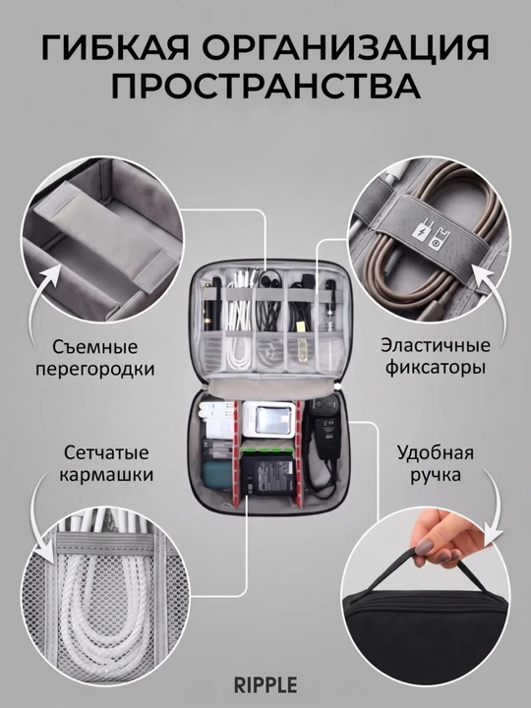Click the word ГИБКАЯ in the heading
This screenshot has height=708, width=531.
(x=115, y=47)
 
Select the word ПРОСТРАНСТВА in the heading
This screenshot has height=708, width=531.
(x=265, y=86)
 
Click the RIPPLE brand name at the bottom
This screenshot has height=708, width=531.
(x=265, y=684)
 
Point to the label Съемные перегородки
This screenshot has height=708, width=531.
(x=94, y=358)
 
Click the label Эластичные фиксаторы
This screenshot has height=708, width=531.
(x=436, y=356)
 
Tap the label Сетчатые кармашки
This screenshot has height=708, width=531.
(x=106, y=464)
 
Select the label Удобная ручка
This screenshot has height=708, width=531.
(x=436, y=464)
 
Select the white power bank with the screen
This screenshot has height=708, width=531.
(x=268, y=420)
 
